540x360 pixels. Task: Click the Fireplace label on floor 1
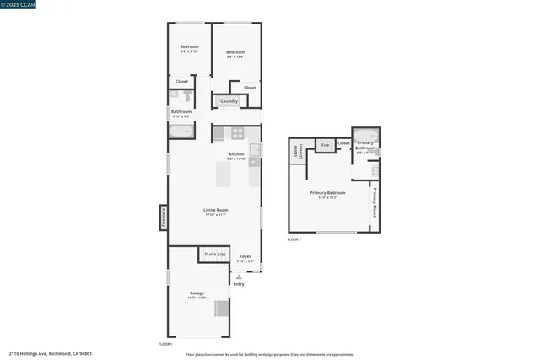click(163, 217)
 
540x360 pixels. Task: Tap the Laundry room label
click(229, 101)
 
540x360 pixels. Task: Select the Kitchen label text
click(236, 154)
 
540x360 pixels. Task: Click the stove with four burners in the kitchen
click(238, 132)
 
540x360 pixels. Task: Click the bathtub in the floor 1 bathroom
click(181, 131)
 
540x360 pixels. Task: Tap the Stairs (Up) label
click(215, 254)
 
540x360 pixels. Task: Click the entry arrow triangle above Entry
click(239, 277)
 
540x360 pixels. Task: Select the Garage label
click(197, 293)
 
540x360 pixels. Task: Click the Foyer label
click(245, 256)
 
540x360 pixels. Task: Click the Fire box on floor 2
click(325, 145)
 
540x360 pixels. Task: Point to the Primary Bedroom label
click(328, 193)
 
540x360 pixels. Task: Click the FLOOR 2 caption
click(294, 240)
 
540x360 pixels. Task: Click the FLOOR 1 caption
click(165, 344)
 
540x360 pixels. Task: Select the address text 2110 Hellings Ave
click(51, 354)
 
